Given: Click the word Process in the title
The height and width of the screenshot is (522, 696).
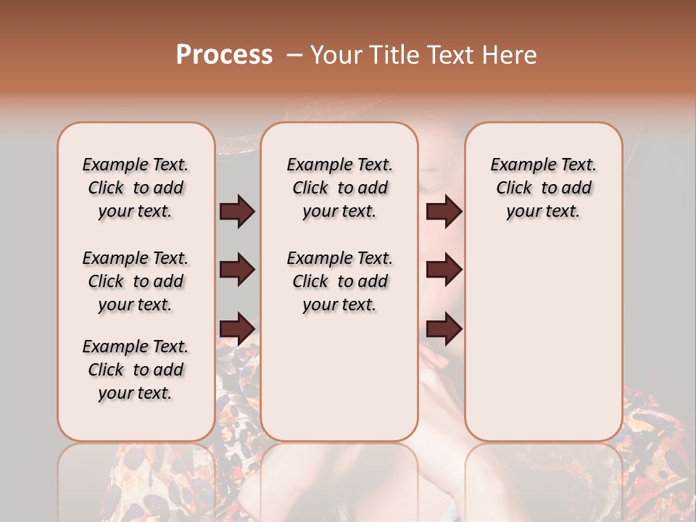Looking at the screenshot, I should coord(224,55).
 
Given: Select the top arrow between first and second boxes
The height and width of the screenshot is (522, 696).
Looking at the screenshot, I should coord(237,212).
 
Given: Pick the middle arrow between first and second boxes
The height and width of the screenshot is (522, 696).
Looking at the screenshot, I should coord(237,270).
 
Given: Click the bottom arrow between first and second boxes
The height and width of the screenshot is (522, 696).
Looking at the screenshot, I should coord(237,328).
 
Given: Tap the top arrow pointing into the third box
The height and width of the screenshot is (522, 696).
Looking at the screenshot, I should coord(444,212).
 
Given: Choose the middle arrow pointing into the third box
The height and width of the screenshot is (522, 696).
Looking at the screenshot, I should coord(444,270).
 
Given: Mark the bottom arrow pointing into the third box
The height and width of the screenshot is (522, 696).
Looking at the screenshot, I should coord(444,328).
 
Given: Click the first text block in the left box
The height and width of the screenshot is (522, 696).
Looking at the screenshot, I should coord(136,188).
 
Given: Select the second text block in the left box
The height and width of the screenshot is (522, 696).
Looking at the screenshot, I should coord(136,281).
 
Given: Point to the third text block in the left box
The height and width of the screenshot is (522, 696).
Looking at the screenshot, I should coord(136,370).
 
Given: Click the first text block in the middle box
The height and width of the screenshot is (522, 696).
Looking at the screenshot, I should coord(340,188).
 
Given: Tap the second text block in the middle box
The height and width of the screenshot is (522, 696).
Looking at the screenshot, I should coord(340,281).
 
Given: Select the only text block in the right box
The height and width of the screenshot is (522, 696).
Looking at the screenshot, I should coord(544,188).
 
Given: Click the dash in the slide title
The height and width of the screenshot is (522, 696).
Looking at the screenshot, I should coord(294,55).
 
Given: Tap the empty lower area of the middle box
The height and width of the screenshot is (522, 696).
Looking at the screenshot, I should coord(340,377).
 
